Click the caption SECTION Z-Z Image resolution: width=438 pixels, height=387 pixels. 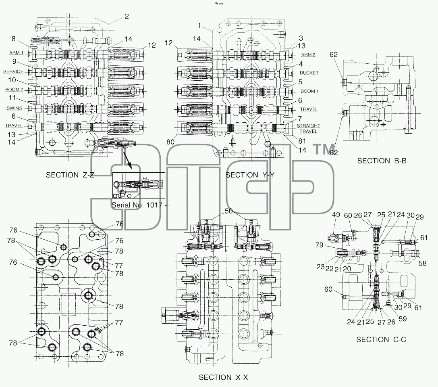[x=70, y=175]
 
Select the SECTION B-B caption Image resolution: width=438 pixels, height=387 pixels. [x=382, y=161]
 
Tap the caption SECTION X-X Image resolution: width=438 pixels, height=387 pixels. [x=223, y=377]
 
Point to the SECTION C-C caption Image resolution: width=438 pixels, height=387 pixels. [x=381, y=340]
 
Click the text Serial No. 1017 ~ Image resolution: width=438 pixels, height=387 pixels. [x=140, y=205]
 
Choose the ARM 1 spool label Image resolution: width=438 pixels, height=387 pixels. [x=17, y=53]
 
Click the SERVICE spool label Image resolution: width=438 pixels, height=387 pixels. [x=13, y=72]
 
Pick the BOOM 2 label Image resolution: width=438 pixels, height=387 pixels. [x=14, y=90]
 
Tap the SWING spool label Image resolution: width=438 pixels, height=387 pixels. [x=15, y=108]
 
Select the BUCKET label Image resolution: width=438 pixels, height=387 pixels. [x=309, y=73]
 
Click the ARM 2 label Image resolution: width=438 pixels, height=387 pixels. [x=308, y=55]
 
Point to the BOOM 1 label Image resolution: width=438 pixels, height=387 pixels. [x=309, y=91]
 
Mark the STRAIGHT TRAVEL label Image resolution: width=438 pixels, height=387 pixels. [x=308, y=129]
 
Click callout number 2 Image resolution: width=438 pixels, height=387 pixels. [x=127, y=17]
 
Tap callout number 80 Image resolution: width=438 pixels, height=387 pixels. [x=170, y=142]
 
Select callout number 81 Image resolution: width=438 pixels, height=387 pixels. [x=302, y=141]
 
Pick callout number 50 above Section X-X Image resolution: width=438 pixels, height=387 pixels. [x=228, y=211]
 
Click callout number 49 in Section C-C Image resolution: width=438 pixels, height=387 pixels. [x=336, y=215]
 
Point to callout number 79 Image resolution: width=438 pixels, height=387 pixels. [x=319, y=245]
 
